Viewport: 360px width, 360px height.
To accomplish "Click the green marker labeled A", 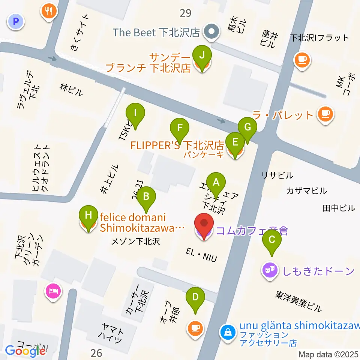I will (216, 183).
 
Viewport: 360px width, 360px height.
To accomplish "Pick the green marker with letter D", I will (195, 297).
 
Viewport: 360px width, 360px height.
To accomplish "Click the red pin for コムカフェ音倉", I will (204, 224).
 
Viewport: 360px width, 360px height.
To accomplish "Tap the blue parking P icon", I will (15, 22).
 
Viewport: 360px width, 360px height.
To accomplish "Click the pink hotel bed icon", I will (53, 291).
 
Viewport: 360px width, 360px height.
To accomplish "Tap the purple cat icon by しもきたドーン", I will (270, 270).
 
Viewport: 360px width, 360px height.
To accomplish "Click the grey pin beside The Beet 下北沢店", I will (211, 32).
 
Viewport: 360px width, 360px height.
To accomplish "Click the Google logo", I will (25, 351).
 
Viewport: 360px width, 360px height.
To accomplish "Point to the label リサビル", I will (277, 175).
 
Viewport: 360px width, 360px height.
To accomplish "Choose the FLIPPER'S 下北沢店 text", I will (177, 145).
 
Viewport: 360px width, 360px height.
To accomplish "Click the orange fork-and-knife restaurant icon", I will (49, 11).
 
